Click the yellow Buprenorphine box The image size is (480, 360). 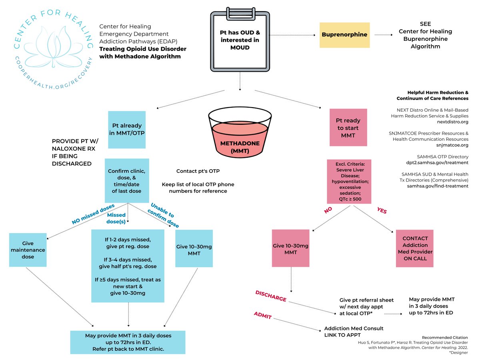pos(344,34)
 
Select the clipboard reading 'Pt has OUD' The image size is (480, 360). pos(239,40)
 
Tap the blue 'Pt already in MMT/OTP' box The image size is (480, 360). pos(127,130)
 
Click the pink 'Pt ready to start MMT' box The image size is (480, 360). pos(348,128)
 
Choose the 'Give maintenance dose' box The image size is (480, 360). pos(28,250)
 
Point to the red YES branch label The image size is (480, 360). pos(382,210)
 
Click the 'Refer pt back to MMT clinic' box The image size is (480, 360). pos(128,342)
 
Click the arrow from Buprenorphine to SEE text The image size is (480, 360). pos(386,34)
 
